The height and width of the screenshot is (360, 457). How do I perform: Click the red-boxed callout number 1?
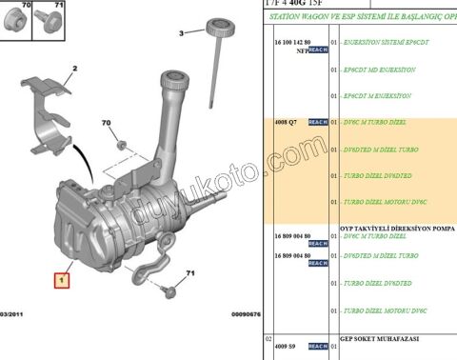pyautogui.click(x=61, y=281)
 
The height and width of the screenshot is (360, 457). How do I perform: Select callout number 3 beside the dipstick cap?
pyautogui.click(x=180, y=33)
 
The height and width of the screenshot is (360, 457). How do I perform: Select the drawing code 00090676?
pyautogui.click(x=245, y=313)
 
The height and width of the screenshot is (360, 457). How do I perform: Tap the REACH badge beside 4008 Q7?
pyautogui.click(x=318, y=123)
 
